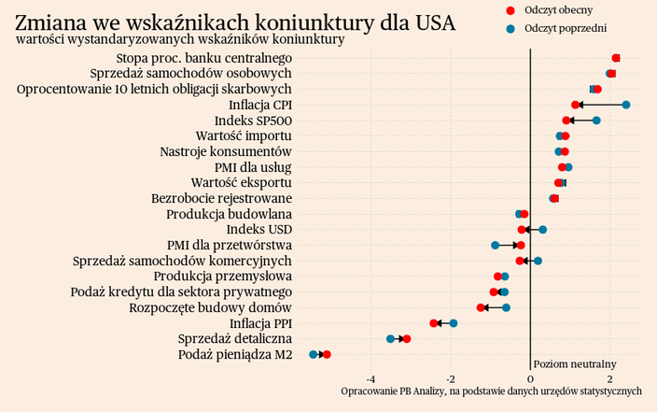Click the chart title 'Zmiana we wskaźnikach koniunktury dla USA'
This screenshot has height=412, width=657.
click(235, 21)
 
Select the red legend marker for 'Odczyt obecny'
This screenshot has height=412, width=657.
click(510, 9)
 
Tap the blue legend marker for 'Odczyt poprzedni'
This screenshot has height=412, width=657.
click(510, 29)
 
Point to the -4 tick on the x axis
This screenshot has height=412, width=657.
click(370, 378)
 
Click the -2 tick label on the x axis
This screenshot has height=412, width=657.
click(451, 378)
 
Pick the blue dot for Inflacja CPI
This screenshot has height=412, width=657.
click(625, 105)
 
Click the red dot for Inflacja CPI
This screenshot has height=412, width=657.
click(576, 105)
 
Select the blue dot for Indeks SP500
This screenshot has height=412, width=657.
click(596, 121)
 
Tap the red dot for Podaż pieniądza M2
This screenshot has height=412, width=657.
click(327, 355)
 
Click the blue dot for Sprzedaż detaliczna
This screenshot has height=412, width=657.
click(391, 338)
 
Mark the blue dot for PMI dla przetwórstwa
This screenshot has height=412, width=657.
click(496, 246)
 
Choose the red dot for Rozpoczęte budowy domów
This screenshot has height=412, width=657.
click(482, 307)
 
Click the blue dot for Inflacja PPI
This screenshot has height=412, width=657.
click(454, 323)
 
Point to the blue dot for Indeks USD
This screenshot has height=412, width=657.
click(542, 230)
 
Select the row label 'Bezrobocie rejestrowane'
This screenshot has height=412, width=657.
click(222, 198)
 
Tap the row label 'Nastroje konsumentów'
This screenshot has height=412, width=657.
click(226, 151)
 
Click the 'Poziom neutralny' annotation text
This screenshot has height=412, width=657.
click(575, 363)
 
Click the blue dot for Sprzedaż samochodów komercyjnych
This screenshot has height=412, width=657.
click(538, 261)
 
